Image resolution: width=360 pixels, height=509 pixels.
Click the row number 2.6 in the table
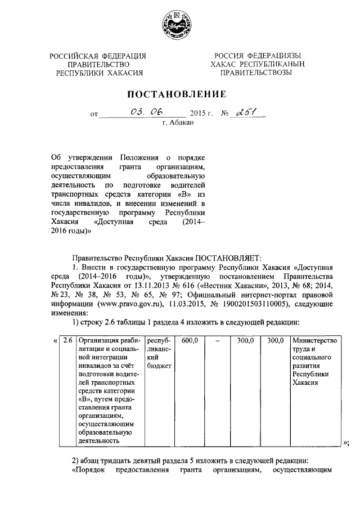point(68,340)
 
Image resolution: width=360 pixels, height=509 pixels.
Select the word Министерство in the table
point(314,340)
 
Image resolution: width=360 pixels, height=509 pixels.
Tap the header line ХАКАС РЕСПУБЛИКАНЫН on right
point(256,64)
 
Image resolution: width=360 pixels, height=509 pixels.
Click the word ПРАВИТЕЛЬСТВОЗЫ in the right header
point(256,73)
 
